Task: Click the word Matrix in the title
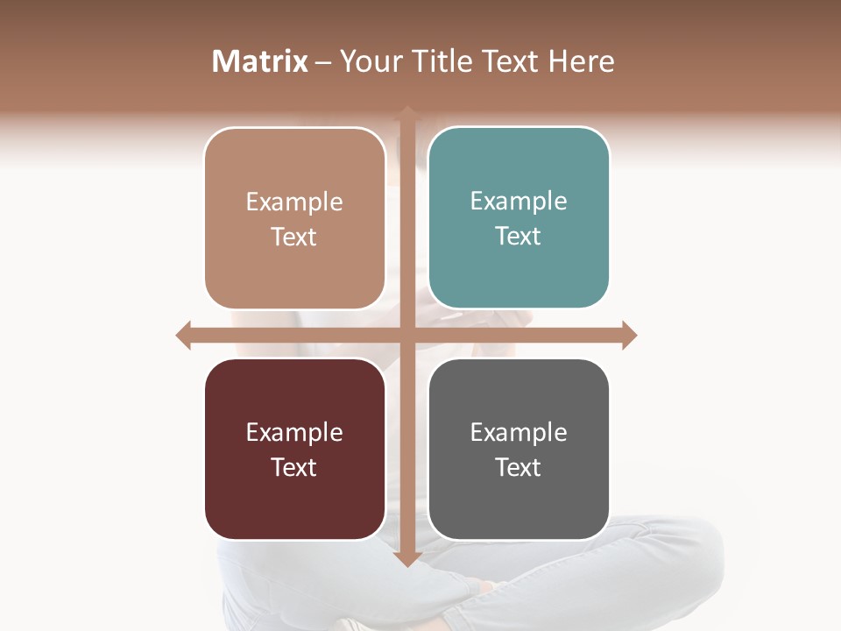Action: (x=260, y=61)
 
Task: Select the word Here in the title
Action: (x=582, y=61)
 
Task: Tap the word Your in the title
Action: (x=369, y=61)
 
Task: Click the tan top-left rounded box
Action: (x=294, y=218)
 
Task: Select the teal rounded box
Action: (x=519, y=217)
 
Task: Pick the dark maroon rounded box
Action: (x=294, y=449)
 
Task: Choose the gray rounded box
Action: (x=519, y=449)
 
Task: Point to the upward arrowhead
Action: (x=406, y=113)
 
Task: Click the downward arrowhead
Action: (x=406, y=558)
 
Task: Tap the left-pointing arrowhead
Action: (x=184, y=335)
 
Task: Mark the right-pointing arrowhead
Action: (x=629, y=335)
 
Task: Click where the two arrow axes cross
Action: (x=406, y=335)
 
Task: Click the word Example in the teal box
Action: (x=519, y=202)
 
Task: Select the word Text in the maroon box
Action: (x=294, y=467)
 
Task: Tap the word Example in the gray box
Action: (x=519, y=432)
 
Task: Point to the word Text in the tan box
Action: (x=294, y=237)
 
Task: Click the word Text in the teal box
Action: (x=519, y=236)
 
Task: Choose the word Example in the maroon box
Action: (x=294, y=432)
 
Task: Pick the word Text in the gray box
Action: (x=519, y=467)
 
